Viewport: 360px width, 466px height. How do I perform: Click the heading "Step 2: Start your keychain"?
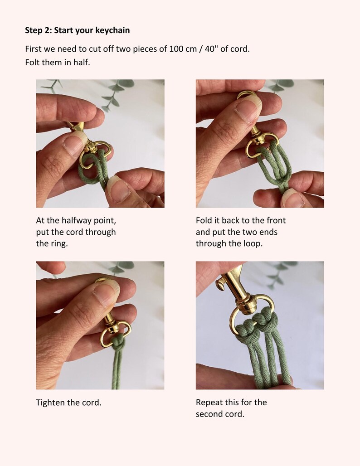click(77, 30)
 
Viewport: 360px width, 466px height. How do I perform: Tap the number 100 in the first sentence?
click(176, 49)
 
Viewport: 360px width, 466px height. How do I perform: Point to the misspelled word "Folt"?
click(32, 63)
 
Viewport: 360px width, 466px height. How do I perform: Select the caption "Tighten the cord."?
click(68, 403)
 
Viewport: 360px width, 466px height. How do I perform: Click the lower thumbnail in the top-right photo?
click(292, 198)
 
